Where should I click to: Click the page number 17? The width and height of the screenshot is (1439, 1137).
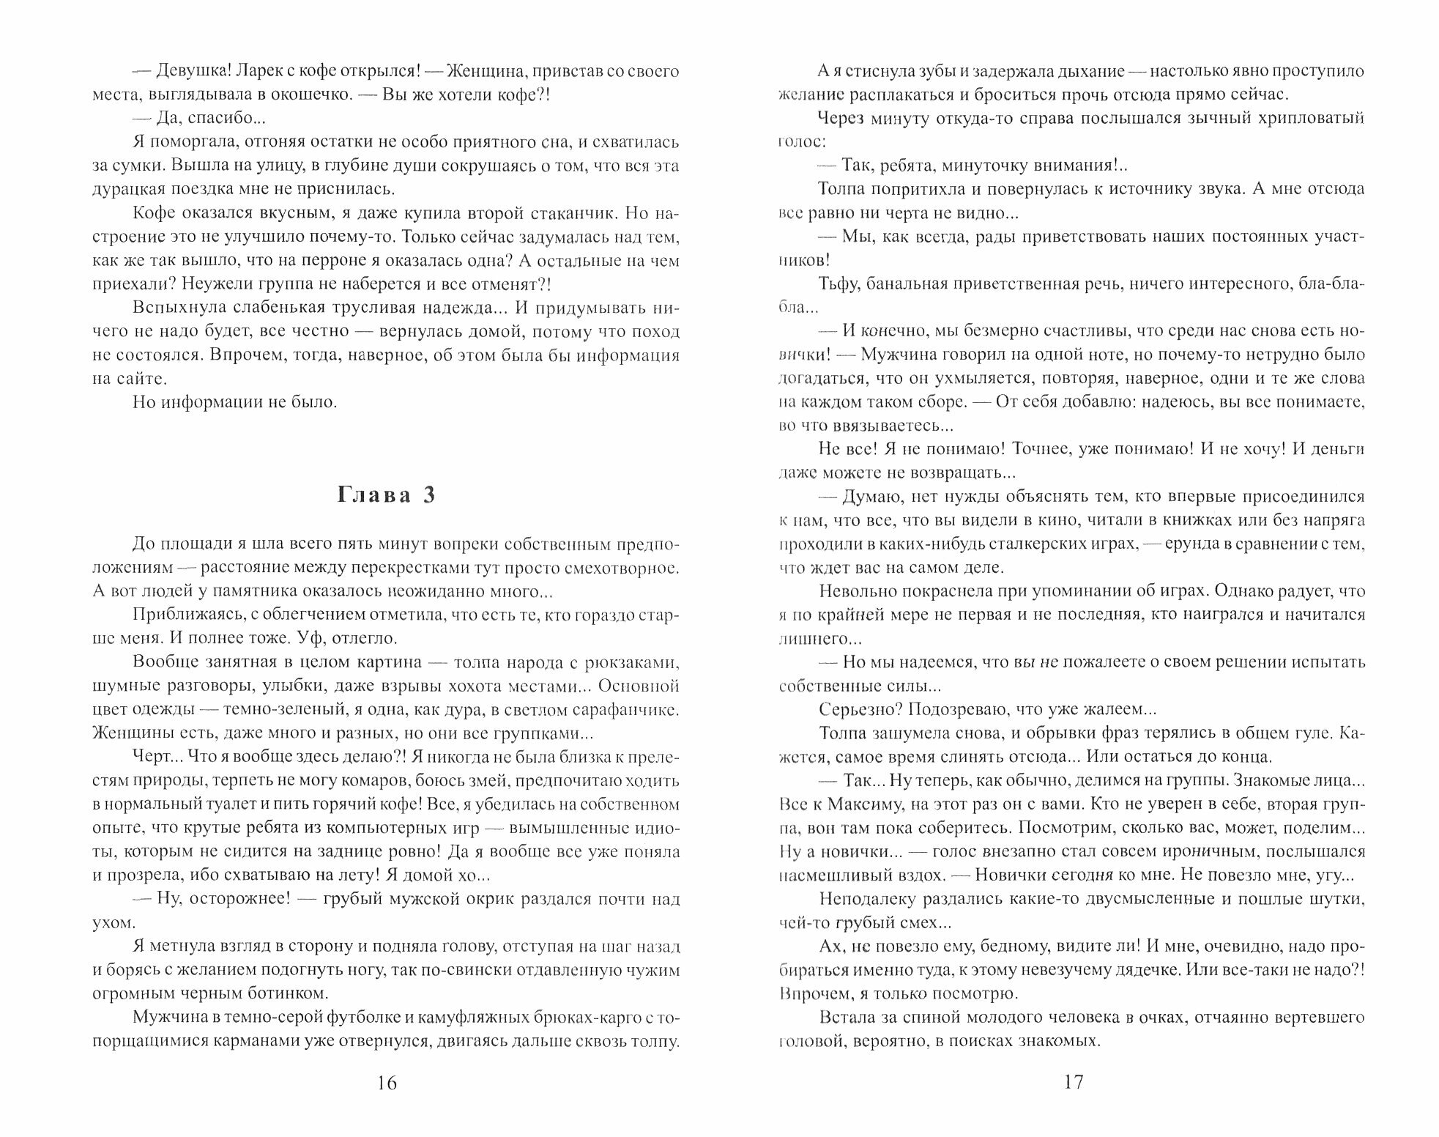coord(1072,1081)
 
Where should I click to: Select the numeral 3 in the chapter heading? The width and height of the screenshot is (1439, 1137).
coord(429,495)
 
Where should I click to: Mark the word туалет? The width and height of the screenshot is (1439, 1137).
coord(218,804)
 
